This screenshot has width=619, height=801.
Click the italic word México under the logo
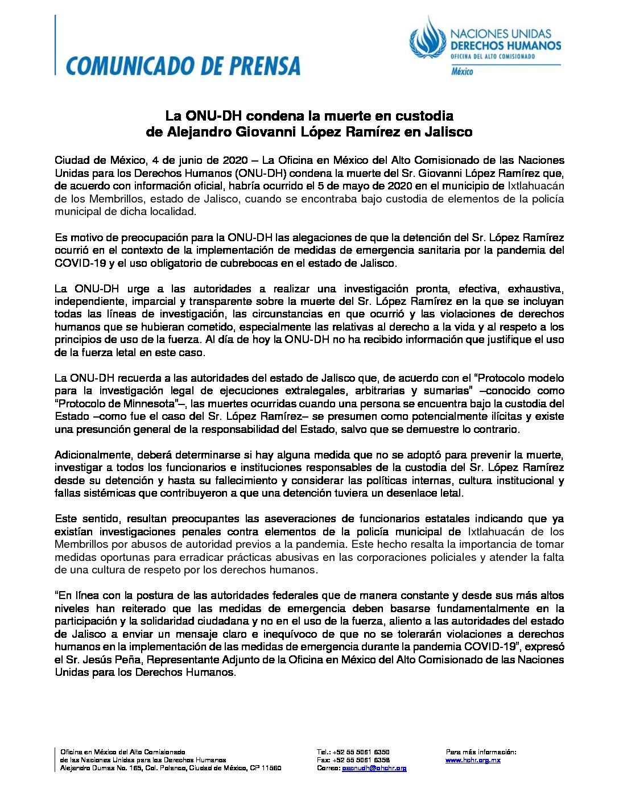462,72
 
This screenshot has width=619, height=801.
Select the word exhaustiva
535,288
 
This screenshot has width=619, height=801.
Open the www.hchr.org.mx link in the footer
473,760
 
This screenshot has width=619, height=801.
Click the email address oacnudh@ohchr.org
374,768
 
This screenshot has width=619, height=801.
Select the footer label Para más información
481,752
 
